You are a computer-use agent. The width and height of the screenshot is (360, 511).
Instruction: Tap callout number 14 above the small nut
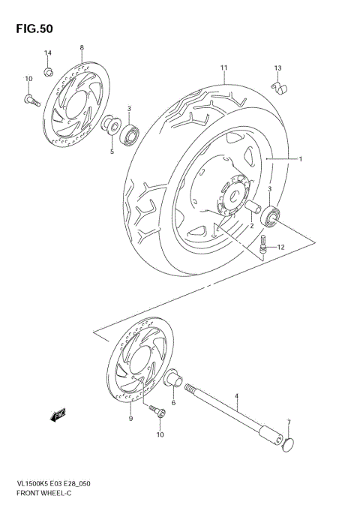tap(47, 53)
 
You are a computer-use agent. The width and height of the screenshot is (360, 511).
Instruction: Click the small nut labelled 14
tap(47, 71)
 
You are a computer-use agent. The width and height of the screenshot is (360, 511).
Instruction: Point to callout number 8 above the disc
tap(81, 49)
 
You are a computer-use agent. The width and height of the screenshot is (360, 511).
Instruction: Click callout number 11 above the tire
tap(223, 68)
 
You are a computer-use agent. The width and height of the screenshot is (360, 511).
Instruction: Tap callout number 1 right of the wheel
tap(300, 159)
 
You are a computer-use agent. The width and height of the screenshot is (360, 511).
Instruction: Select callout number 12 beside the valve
tap(281, 247)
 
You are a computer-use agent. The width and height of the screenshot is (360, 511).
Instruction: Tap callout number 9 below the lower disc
tap(130, 419)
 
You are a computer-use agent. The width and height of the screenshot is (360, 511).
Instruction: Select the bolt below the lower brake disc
tap(157, 411)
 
